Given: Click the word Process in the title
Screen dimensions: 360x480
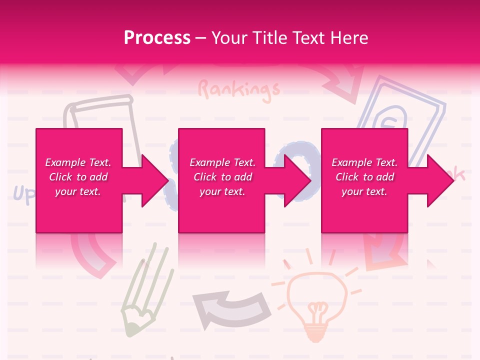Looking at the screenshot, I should pos(157,37).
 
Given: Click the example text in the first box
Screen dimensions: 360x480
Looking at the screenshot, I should pos(78,177).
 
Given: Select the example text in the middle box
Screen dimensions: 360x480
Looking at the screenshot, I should pos(222,177).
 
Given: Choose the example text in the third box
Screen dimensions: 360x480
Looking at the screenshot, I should pos(364,177).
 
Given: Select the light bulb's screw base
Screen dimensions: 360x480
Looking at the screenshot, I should pos(316,327).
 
